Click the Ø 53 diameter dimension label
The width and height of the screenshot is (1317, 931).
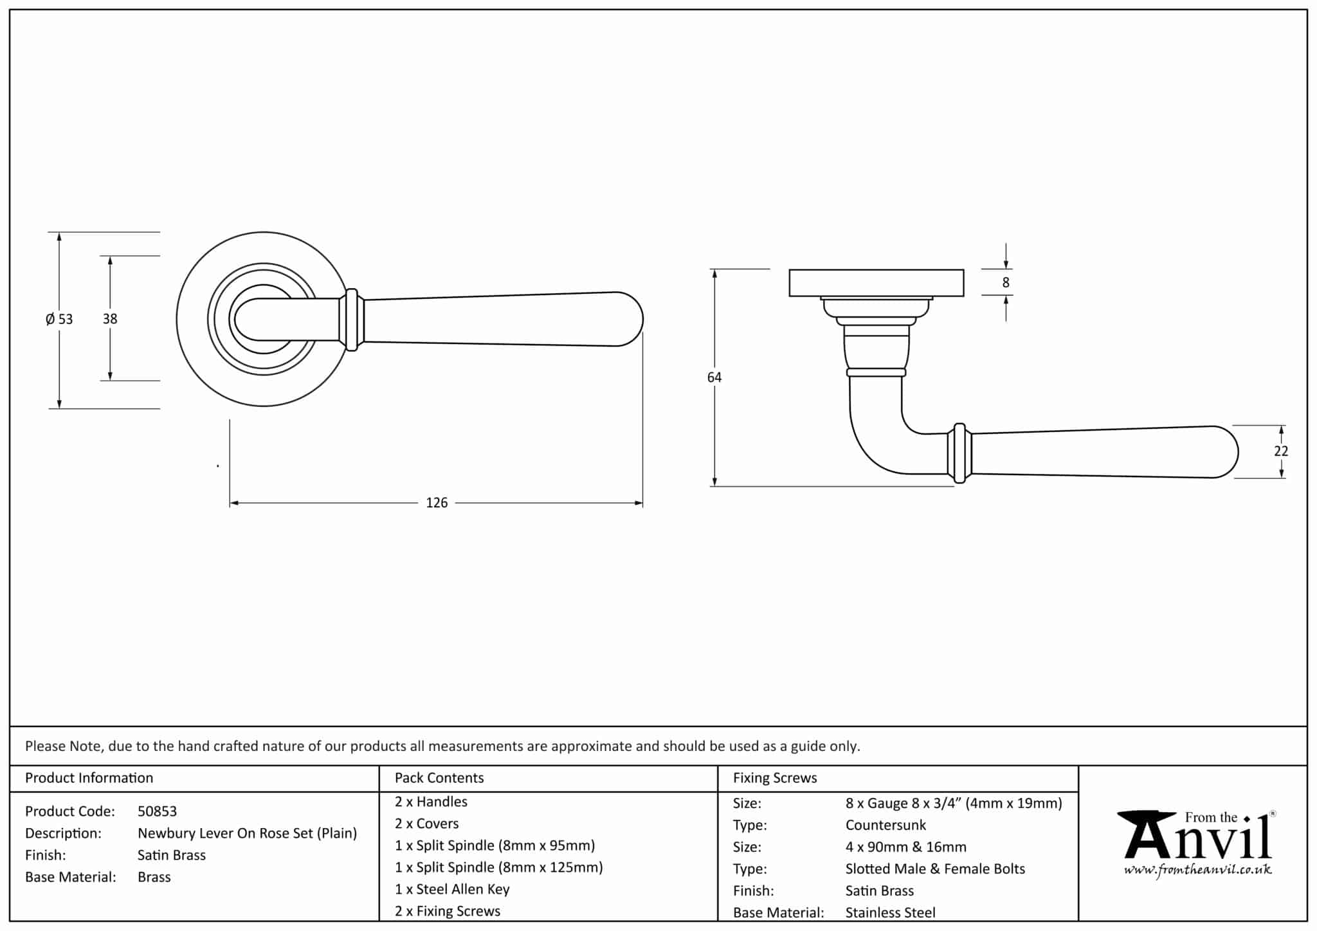[59, 319]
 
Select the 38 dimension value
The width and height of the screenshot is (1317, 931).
[110, 318]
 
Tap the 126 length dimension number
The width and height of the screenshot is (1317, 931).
[437, 503]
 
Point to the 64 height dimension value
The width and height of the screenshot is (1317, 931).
[714, 377]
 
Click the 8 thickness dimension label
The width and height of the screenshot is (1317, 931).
[1006, 282]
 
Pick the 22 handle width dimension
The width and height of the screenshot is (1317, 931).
[1281, 451]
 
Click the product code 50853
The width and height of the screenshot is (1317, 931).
[157, 811]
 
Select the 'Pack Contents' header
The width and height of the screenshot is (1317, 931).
[439, 778]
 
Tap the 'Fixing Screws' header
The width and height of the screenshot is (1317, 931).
[775, 778]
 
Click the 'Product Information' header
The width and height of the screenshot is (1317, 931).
[89, 778]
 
